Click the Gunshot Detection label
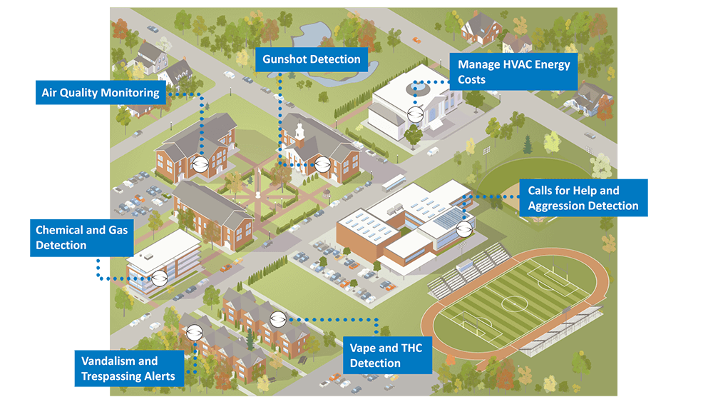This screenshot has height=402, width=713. [x=312, y=59]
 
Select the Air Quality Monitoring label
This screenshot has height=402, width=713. [x=101, y=92]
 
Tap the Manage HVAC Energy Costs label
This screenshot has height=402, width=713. [x=513, y=71]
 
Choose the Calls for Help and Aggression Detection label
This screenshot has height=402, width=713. [x=583, y=198]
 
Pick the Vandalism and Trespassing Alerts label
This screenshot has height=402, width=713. [x=128, y=368]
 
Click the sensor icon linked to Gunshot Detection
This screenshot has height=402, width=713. [x=322, y=164]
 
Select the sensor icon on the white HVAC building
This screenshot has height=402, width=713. [x=415, y=114]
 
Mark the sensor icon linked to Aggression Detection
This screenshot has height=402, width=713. [x=464, y=228]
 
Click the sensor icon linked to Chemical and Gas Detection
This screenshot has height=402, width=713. [x=160, y=278]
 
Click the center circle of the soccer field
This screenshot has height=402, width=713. [x=514, y=303]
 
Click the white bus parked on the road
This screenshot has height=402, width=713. [x=394, y=183]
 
